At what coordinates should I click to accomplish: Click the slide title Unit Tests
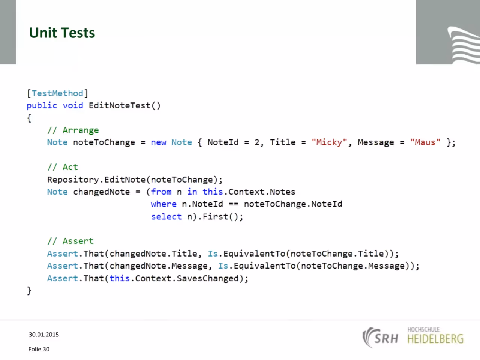62,33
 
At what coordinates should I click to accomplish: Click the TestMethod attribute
57,93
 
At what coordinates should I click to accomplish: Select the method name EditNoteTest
119,106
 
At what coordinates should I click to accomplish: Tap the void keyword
73,106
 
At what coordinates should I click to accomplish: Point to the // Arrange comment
73,130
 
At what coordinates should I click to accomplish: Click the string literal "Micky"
329,142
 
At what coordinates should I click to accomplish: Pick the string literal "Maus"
425,142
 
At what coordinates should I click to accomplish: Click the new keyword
159,143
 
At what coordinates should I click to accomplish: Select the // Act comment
63,167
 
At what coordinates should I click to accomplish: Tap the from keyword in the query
161,192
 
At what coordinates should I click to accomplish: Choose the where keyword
163,204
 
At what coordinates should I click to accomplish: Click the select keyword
166,217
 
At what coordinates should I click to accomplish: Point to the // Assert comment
70,241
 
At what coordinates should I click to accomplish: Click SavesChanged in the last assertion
207,278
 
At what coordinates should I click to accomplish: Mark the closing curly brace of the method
29,291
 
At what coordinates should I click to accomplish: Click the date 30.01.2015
44,334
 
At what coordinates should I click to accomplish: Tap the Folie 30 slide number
39,349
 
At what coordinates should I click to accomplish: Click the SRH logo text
386,339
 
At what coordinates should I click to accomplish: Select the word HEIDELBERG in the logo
435,339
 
